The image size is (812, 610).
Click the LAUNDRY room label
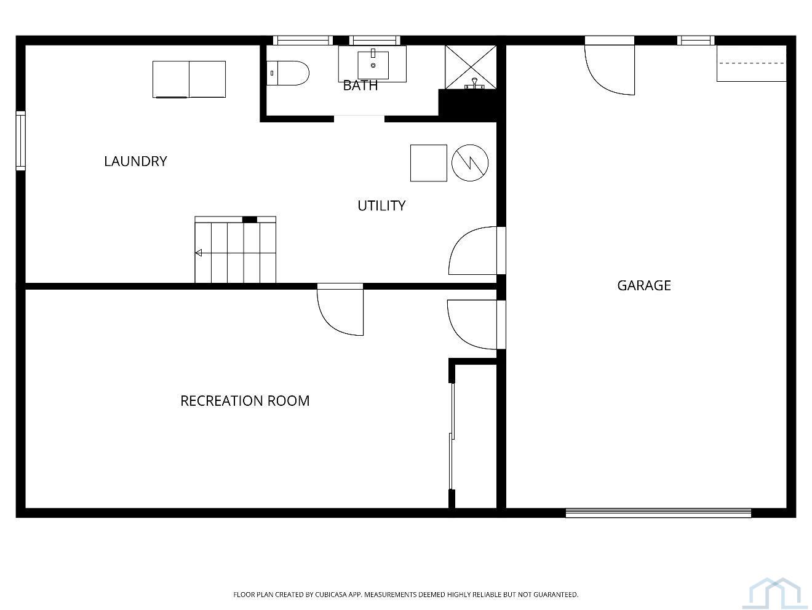pos(135,161)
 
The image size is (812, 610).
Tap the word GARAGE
pos(643,285)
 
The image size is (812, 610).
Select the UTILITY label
pos(381,205)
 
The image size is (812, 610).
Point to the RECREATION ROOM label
pos(245,401)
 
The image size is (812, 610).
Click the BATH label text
pos(360,85)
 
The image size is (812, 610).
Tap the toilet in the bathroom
pos(287,73)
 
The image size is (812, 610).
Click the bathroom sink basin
pos(373,65)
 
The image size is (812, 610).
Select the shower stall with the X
pos(471,67)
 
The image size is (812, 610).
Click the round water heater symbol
pos(470,163)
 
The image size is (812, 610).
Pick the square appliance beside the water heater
pos(429,163)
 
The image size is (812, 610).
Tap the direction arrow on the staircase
pos(199,253)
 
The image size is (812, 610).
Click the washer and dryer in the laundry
pos(189,79)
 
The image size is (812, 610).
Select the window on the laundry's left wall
pos(21,141)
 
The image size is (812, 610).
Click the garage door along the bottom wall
pos(658,513)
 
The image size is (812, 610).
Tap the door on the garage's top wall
pos(610,66)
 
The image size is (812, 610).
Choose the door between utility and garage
pos(477,251)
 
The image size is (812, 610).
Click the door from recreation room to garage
pos(476,325)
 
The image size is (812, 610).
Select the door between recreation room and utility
pos(340,310)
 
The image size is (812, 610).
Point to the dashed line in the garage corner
pos(751,63)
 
